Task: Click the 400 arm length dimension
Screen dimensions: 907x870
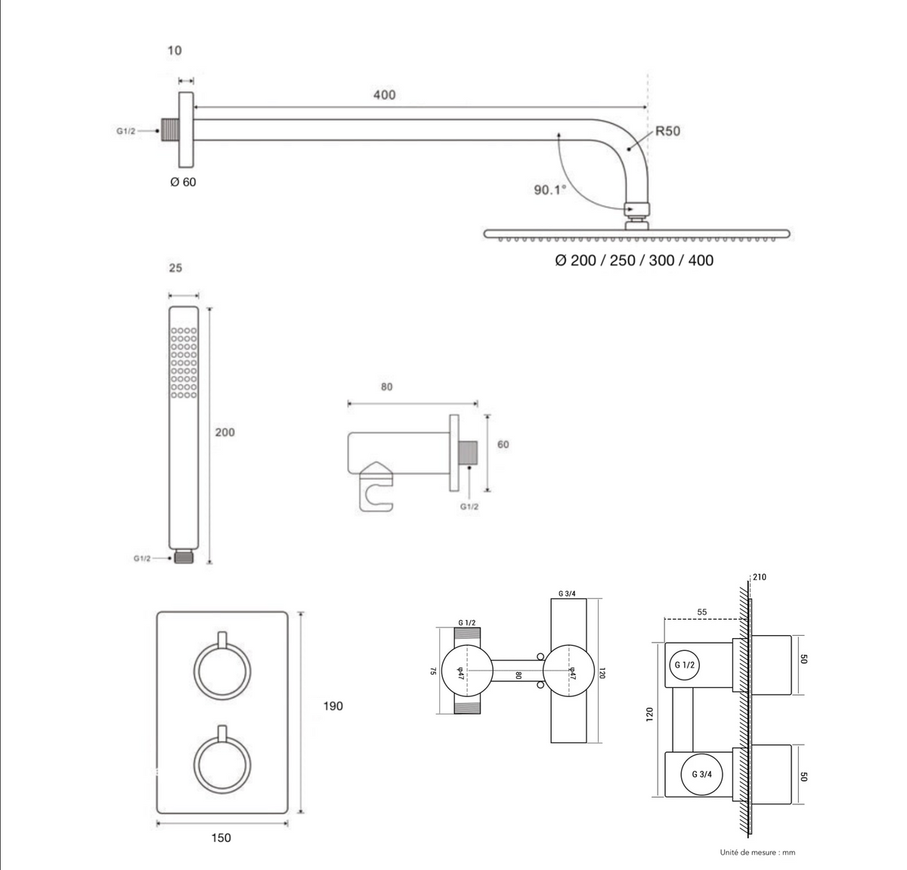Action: [x=385, y=95]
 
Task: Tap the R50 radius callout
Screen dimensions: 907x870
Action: [x=668, y=131]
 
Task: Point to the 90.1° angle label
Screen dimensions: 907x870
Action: [x=550, y=190]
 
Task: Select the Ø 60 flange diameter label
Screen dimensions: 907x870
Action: [x=183, y=182]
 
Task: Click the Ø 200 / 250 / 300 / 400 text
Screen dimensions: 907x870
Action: [x=634, y=261]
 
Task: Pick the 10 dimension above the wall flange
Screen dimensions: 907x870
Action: [x=175, y=51]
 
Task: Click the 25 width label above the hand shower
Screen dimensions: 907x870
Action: [x=175, y=268]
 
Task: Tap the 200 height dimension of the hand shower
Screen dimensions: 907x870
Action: [x=224, y=432]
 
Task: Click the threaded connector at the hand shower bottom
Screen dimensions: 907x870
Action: [x=184, y=557]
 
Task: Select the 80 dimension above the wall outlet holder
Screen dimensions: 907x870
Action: [x=386, y=387]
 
